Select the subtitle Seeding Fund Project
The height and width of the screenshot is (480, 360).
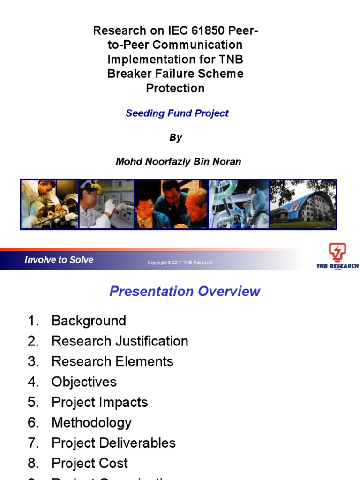tap(177, 113)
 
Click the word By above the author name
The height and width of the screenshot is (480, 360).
tap(175, 137)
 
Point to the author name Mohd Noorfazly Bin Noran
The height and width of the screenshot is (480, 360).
tap(178, 162)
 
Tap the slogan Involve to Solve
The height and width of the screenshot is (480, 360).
tap(59, 260)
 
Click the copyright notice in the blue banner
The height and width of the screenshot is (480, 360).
tap(180, 262)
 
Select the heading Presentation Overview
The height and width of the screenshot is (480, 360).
tap(185, 291)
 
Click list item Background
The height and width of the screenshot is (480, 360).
tap(89, 321)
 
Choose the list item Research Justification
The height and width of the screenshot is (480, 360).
tap(120, 341)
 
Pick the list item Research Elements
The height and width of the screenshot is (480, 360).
tap(112, 361)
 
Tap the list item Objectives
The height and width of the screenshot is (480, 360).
tap(84, 382)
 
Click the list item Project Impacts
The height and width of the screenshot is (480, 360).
tap(99, 402)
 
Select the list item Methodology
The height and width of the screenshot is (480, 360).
tap(91, 423)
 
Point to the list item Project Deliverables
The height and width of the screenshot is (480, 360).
tap(113, 443)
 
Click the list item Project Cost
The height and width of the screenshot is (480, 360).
tap(90, 464)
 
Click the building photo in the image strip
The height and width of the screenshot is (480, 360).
tap(303, 204)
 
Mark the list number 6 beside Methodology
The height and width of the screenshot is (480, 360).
tap(32, 423)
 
